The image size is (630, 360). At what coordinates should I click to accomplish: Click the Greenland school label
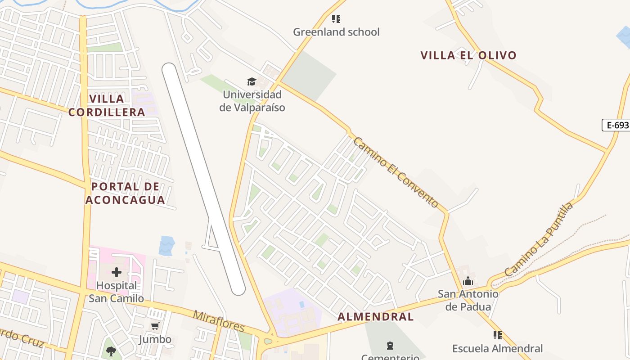[336, 32]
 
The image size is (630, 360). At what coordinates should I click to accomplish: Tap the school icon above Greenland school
[336, 19]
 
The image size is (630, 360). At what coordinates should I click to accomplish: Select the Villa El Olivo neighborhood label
[468, 55]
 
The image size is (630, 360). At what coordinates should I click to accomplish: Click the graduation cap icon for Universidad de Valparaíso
[252, 81]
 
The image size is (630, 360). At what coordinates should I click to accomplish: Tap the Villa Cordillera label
[107, 105]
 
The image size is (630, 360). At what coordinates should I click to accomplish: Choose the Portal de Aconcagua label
[125, 193]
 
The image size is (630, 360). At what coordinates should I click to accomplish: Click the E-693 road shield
[616, 125]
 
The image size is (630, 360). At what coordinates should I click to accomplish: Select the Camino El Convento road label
[395, 172]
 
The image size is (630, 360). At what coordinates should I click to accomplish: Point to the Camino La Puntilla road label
[539, 239]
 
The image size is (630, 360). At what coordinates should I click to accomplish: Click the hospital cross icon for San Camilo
[117, 272]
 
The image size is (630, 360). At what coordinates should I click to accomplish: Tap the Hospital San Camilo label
[117, 292]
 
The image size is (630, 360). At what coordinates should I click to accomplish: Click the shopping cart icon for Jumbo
[155, 326]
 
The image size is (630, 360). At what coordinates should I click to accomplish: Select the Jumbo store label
[155, 339]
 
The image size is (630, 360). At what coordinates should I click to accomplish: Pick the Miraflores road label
[219, 320]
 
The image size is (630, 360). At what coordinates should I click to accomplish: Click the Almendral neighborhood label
[375, 317]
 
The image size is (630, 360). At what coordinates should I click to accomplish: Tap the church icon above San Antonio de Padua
[468, 281]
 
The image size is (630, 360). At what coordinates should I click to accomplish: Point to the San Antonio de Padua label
[468, 301]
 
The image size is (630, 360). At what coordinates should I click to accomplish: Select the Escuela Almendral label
[497, 348]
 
